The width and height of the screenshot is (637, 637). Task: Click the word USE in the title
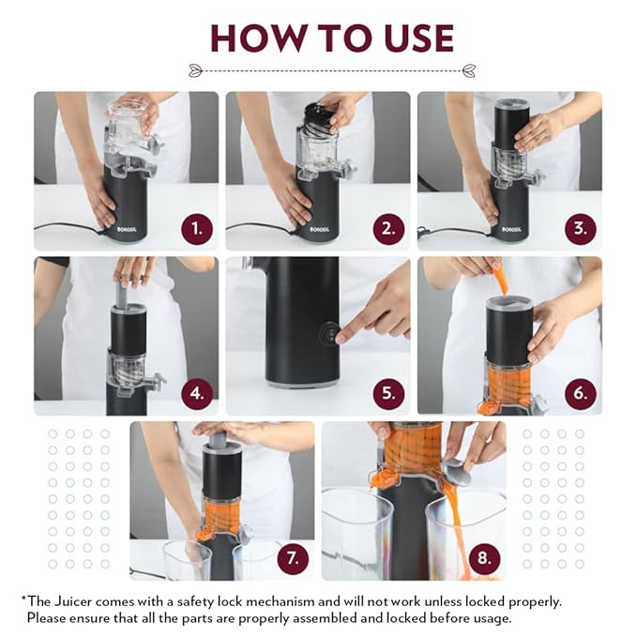418,38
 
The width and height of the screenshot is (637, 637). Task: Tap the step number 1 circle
197,229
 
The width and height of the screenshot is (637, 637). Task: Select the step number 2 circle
388,229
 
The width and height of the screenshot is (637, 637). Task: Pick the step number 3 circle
581,229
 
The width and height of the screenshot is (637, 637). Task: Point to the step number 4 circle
197,394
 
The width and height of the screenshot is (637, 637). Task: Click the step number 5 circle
388,394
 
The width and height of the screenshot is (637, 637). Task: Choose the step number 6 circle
581,394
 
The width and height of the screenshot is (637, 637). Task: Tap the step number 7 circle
293,558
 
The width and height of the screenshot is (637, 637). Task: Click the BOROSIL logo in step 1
127,229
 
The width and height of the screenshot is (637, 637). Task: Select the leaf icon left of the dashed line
196,70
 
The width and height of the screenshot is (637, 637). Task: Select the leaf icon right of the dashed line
469,70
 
